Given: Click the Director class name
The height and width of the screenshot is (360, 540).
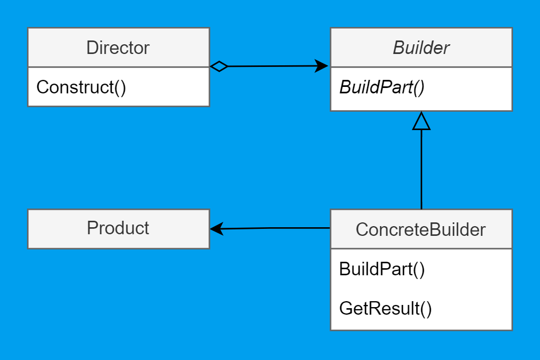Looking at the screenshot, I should (x=118, y=47).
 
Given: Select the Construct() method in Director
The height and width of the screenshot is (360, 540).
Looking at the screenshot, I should (x=81, y=87).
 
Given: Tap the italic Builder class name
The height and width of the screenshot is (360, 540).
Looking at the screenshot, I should (x=421, y=47).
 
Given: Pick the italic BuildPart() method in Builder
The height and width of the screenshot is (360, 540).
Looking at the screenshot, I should (x=382, y=87).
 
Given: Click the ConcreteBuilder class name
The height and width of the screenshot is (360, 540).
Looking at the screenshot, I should (x=421, y=229).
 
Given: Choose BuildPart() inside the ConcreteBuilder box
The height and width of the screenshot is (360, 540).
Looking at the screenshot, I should (x=382, y=269).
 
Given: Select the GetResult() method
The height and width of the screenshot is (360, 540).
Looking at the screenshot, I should (x=386, y=309).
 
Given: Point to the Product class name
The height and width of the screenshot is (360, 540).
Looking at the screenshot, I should (x=118, y=228).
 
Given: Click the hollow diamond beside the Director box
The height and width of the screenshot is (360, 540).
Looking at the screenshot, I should (x=219, y=66).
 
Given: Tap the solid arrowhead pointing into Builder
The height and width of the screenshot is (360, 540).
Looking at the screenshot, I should (x=322, y=66).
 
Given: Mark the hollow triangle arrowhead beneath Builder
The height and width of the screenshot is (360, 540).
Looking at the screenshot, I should (x=421, y=122).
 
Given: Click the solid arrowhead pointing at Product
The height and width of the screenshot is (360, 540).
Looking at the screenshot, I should (x=217, y=229).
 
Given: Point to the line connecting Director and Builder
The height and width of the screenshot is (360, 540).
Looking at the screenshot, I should (x=270, y=66).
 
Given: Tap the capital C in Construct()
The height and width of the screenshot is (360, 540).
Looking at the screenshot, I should (x=42, y=87).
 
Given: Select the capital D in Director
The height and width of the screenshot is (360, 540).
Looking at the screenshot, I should (x=92, y=47).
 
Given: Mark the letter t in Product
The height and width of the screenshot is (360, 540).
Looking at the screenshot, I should (x=146, y=228).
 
